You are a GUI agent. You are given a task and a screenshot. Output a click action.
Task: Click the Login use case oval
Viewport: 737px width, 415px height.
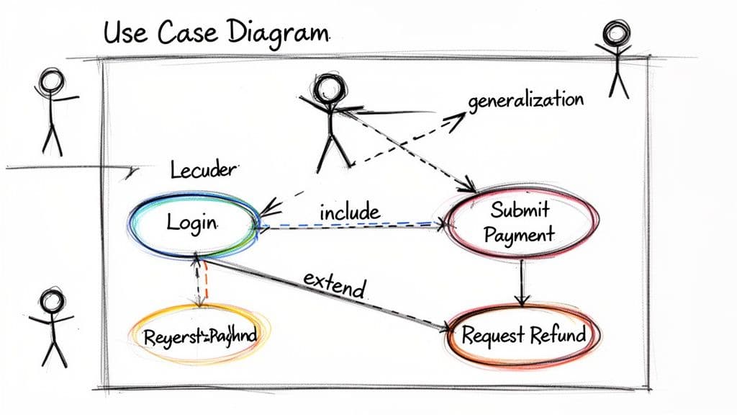coord(194,222)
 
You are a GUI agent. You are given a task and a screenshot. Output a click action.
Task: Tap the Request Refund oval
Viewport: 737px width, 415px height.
coord(523,335)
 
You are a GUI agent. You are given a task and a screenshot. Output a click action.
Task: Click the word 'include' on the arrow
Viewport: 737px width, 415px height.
coord(349,213)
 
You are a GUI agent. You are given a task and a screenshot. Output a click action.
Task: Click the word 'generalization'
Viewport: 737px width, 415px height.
coord(525,100)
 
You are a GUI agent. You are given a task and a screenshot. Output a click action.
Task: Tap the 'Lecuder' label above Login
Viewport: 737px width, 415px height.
coord(203,170)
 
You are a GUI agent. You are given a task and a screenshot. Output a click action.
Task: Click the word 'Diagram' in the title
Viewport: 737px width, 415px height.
coord(278,33)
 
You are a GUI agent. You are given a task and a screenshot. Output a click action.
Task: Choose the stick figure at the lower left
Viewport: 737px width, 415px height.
coord(53,327)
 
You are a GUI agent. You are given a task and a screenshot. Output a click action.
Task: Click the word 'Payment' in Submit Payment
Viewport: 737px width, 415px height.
coord(520,234)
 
